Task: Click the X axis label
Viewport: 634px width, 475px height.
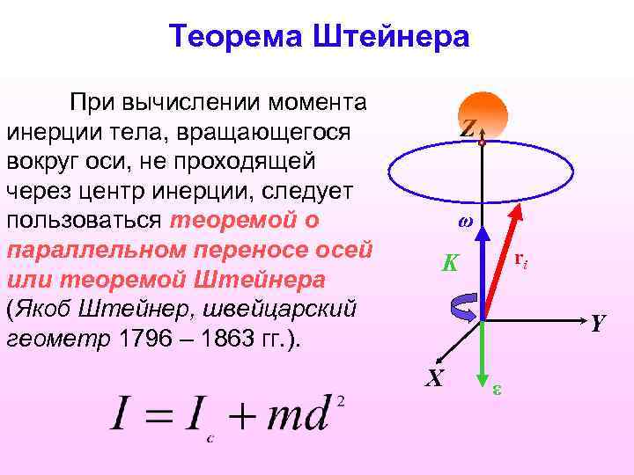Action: (433, 378)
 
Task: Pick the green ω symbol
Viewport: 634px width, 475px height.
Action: (466, 222)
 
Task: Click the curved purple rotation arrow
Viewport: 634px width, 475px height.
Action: (464, 308)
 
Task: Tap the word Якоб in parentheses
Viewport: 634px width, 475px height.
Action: (42, 310)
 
